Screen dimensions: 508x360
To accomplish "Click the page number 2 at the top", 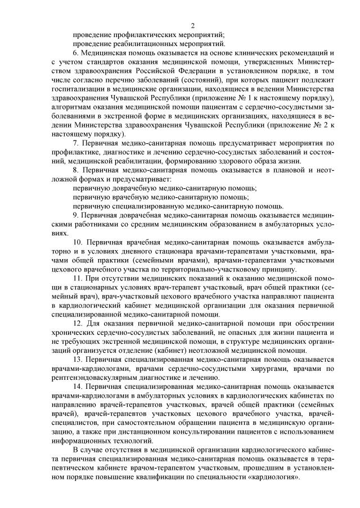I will pyautogui.click(x=192, y=25).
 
